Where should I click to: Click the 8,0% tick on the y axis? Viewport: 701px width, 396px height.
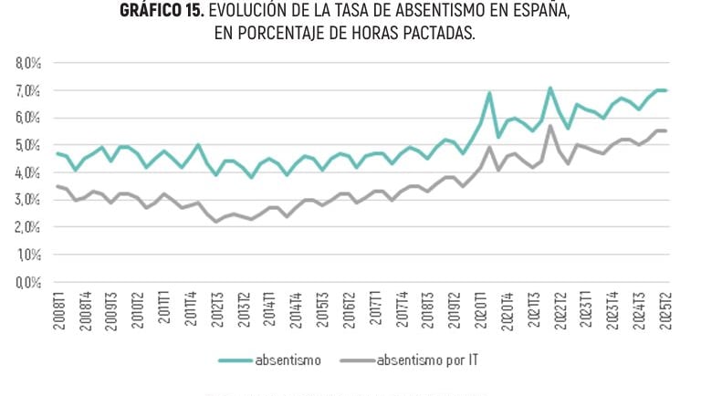tap(28, 64)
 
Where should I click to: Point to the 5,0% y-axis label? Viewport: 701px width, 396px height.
tap(28, 145)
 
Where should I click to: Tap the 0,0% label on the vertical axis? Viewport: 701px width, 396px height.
tap(28, 282)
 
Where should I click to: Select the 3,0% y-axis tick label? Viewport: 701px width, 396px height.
tap(28, 200)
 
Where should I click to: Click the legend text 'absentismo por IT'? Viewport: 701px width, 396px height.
tap(427, 360)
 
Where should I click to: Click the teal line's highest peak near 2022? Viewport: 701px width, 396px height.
tap(550, 89)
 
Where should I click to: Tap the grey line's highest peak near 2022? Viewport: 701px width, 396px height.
tap(550, 126)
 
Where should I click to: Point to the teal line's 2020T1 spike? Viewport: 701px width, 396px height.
tap(489, 92)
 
